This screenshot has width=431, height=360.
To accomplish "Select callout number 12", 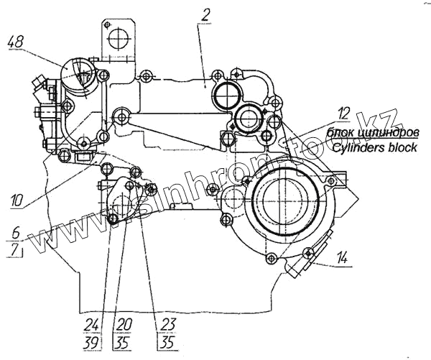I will coord(344,112).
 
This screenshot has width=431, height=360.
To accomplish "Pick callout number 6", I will coord(16,233).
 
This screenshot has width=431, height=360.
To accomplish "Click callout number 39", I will coord(91,341).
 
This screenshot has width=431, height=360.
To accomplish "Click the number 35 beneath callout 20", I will coord(124,341).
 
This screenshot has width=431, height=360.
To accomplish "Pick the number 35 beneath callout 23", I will coord(168,341).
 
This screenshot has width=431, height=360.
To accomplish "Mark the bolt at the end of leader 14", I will coord(309,251).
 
